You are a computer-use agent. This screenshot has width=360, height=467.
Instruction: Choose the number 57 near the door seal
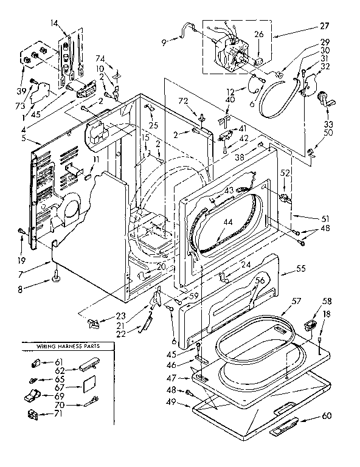point(296,301)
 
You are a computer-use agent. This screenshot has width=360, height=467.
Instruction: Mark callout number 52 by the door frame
point(284,173)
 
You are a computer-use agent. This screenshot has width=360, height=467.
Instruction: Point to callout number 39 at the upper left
point(22,91)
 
